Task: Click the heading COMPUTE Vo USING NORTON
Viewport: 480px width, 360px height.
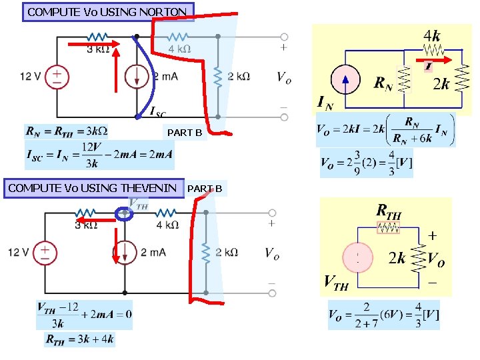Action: coord(109,11)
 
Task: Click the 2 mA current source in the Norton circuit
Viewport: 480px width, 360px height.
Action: coord(137,77)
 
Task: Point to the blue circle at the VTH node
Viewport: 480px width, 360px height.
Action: coord(123,214)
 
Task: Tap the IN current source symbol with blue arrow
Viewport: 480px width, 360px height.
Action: coord(344,80)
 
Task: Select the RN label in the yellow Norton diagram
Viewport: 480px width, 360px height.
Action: coord(383,84)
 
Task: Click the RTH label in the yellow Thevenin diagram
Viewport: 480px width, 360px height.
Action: coord(389,211)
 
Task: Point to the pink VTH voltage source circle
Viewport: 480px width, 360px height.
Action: coord(358,257)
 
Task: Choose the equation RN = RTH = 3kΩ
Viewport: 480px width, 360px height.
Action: coord(66,130)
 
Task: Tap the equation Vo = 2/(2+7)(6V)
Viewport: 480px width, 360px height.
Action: coord(383,315)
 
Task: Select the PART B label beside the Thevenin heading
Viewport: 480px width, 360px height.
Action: coord(205,189)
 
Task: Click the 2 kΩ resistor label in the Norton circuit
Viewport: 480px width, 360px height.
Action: coord(239,77)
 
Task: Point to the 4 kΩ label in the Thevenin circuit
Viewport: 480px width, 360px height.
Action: coord(167,225)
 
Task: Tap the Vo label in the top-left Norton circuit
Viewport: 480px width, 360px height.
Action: coord(284,77)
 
